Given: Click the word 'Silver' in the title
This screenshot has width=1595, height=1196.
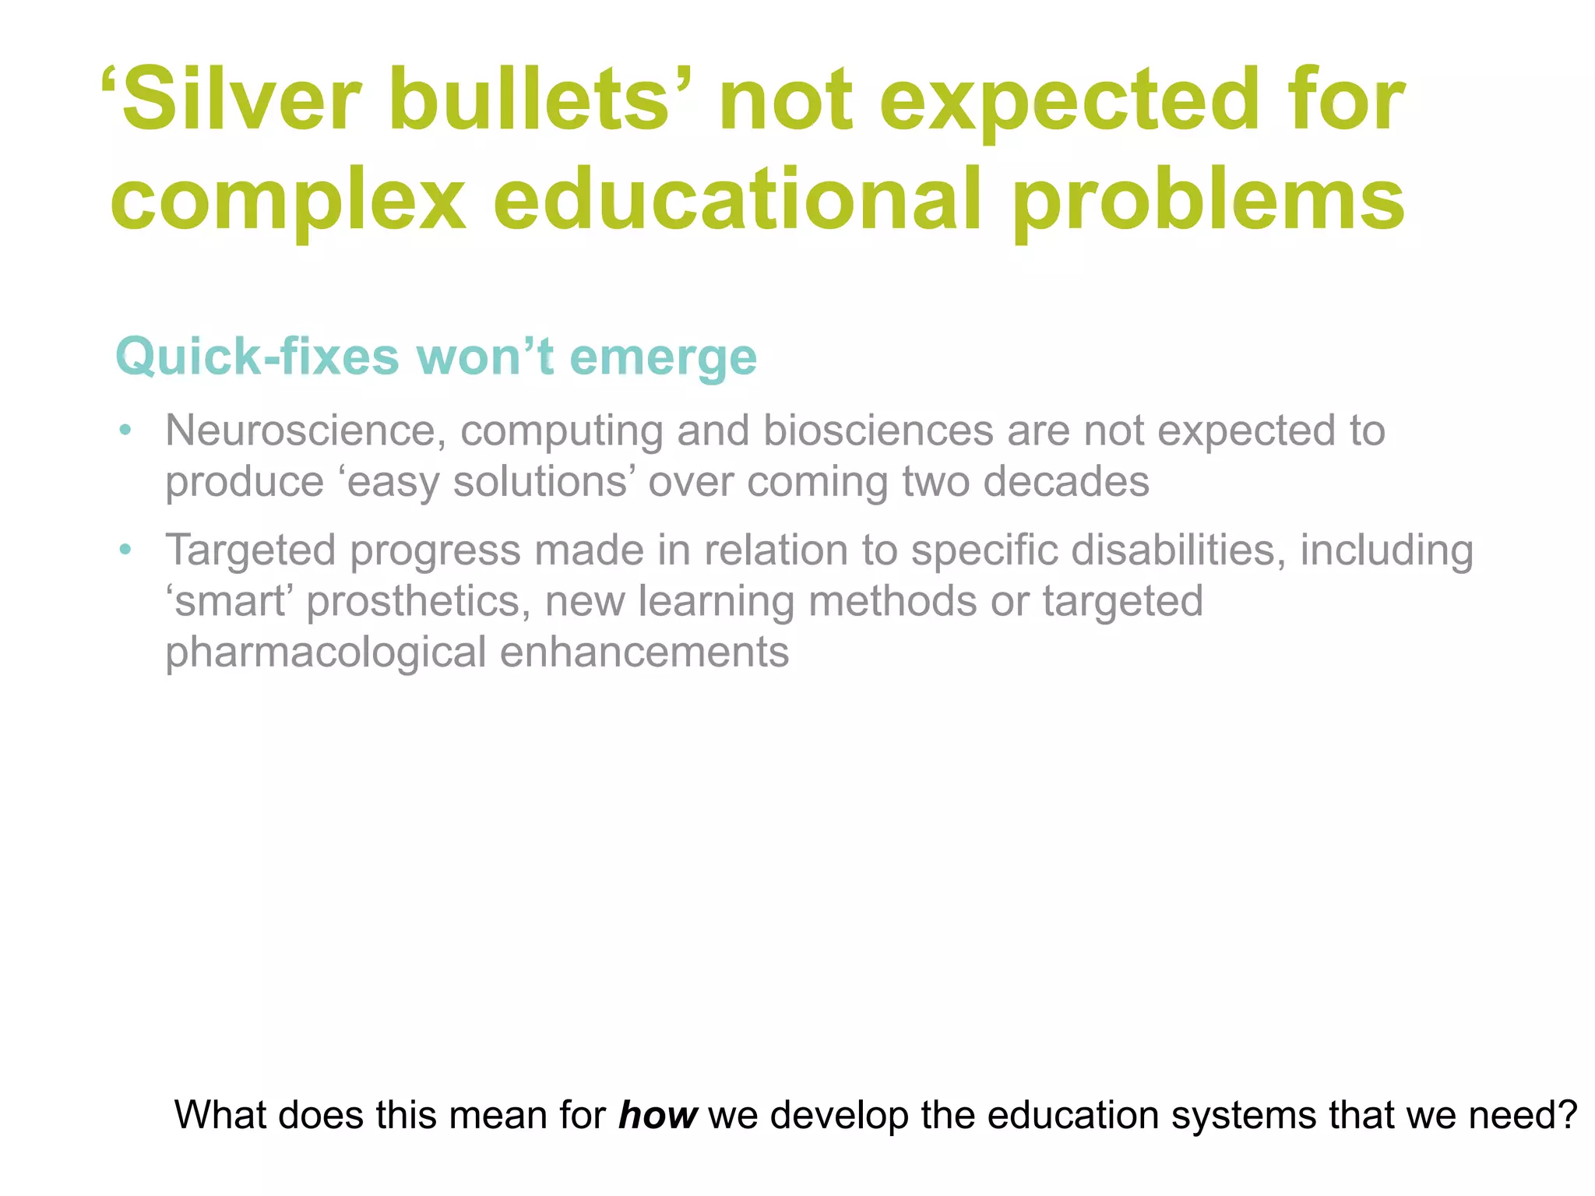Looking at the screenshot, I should coord(241,100).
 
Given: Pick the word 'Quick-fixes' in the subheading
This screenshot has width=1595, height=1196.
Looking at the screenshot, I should coord(257,357).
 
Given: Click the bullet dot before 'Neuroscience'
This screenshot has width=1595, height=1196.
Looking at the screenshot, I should coord(125,430).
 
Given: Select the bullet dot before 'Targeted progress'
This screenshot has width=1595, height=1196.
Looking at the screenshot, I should coord(125,550).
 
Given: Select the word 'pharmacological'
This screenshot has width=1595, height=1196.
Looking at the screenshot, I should coord(326,653).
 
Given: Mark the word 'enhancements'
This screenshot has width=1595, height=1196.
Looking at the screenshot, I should coord(644,652).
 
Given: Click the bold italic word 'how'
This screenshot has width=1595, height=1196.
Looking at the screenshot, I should coord(657,1114).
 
